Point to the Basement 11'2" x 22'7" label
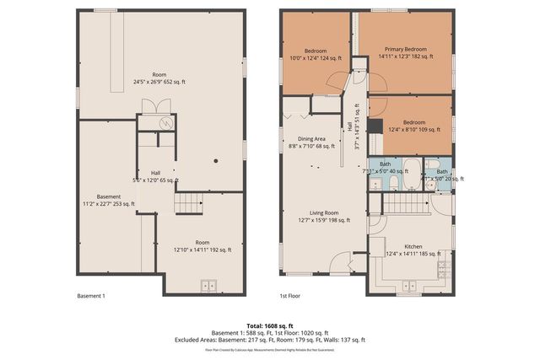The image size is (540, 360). [x=109, y=200]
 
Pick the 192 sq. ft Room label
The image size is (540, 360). [x=202, y=245]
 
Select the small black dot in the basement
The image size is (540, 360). [x=216, y=160]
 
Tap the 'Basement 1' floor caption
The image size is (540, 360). [x=91, y=297]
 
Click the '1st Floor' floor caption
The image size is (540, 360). [x=289, y=297]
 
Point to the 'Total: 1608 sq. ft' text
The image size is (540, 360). [x=270, y=325]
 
